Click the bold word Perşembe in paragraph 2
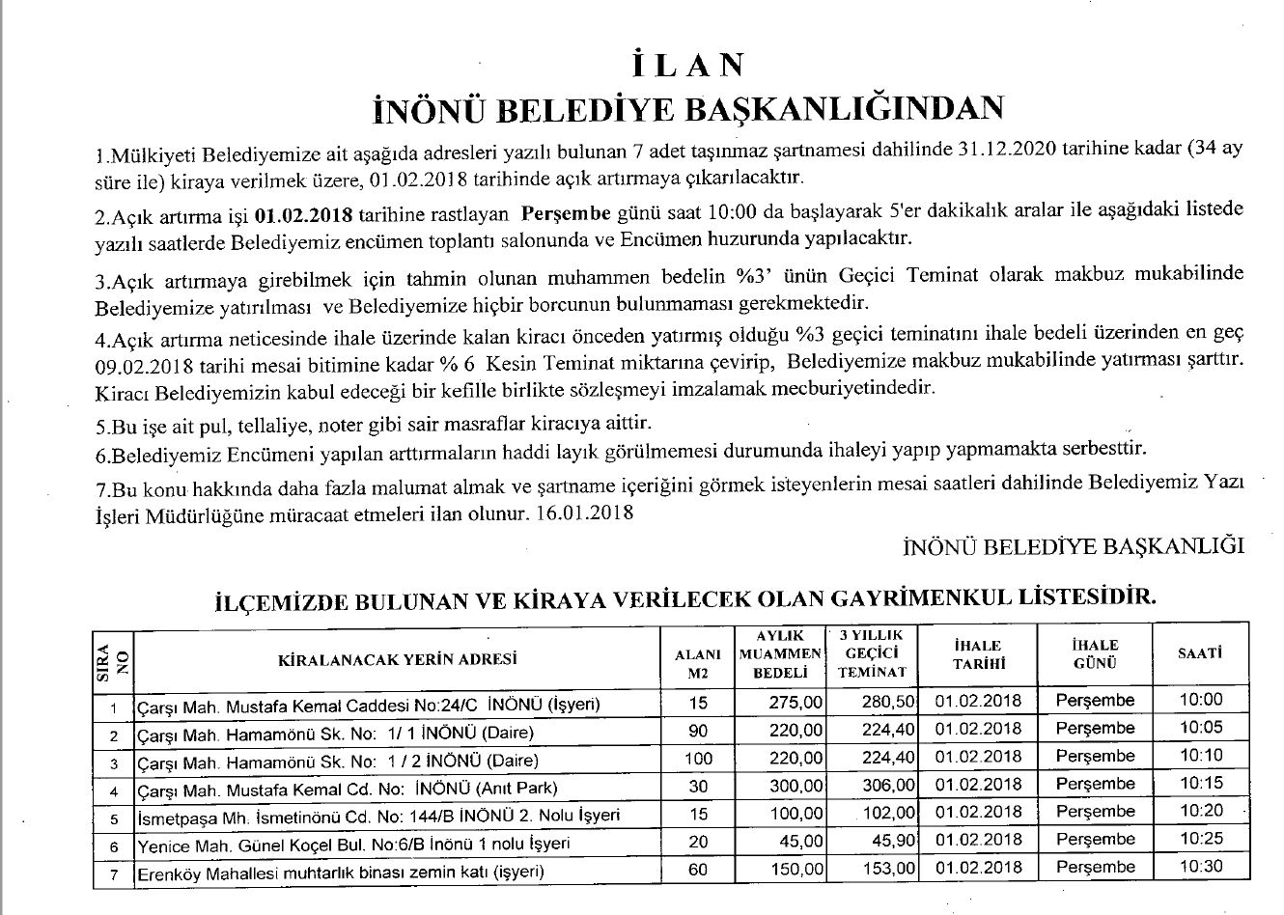coord(565,211)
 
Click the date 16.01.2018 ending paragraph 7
coord(585,513)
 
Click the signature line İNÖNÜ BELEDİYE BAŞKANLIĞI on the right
coord(1073,545)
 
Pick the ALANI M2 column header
coord(698,662)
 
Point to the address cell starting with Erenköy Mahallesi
coord(341,873)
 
